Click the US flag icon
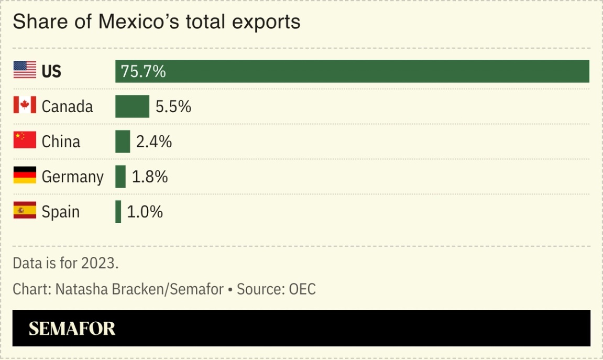[x=25, y=70]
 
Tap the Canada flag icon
[x=25, y=105]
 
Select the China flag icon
[x=25, y=140]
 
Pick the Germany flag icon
[x=25, y=176]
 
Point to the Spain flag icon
[x=25, y=211]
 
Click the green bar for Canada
[x=132, y=106]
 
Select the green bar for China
[x=123, y=141]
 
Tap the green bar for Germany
[x=120, y=177]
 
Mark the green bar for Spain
[x=118, y=212]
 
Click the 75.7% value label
[x=143, y=71]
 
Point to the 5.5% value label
[x=173, y=106]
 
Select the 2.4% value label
[x=154, y=141]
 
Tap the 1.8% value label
[x=150, y=177]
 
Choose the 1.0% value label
[x=145, y=212]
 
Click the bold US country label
[x=51, y=71]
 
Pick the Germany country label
[x=72, y=177]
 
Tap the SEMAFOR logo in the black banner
[x=72, y=329]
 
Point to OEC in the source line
[x=302, y=289]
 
